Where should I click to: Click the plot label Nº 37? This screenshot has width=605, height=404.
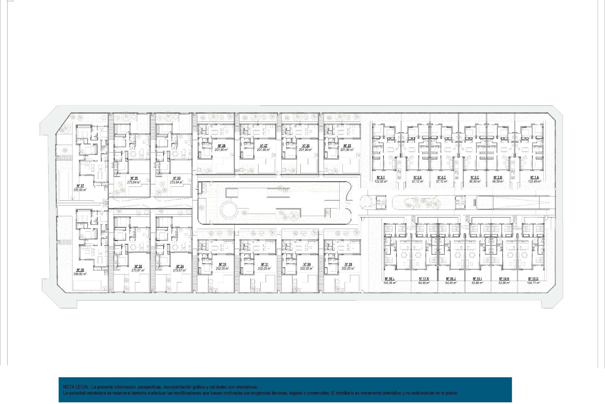(x=80, y=186)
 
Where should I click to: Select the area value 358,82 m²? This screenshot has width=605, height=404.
(x=80, y=274)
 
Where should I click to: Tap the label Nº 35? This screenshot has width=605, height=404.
(x=134, y=178)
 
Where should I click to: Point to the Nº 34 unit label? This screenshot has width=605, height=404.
(x=180, y=266)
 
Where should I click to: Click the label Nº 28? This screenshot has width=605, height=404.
(x=222, y=146)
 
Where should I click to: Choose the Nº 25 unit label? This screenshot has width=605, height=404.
(x=347, y=146)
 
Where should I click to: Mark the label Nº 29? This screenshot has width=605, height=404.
(x=348, y=264)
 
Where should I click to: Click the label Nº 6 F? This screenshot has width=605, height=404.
(x=381, y=177)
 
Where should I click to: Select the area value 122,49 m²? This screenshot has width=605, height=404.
(x=534, y=181)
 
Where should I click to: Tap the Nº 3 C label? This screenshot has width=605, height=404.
(x=475, y=177)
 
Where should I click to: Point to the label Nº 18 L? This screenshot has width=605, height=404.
(x=389, y=279)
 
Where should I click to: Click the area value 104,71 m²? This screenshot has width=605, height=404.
(x=533, y=283)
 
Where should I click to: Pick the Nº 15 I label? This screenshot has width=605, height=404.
(x=477, y=279)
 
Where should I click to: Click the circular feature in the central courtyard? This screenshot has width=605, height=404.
(x=229, y=209)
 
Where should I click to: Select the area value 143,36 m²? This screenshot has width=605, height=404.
(x=389, y=283)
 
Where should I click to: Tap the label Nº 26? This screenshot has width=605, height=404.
(x=306, y=146)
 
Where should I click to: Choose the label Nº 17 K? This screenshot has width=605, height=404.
(x=424, y=279)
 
